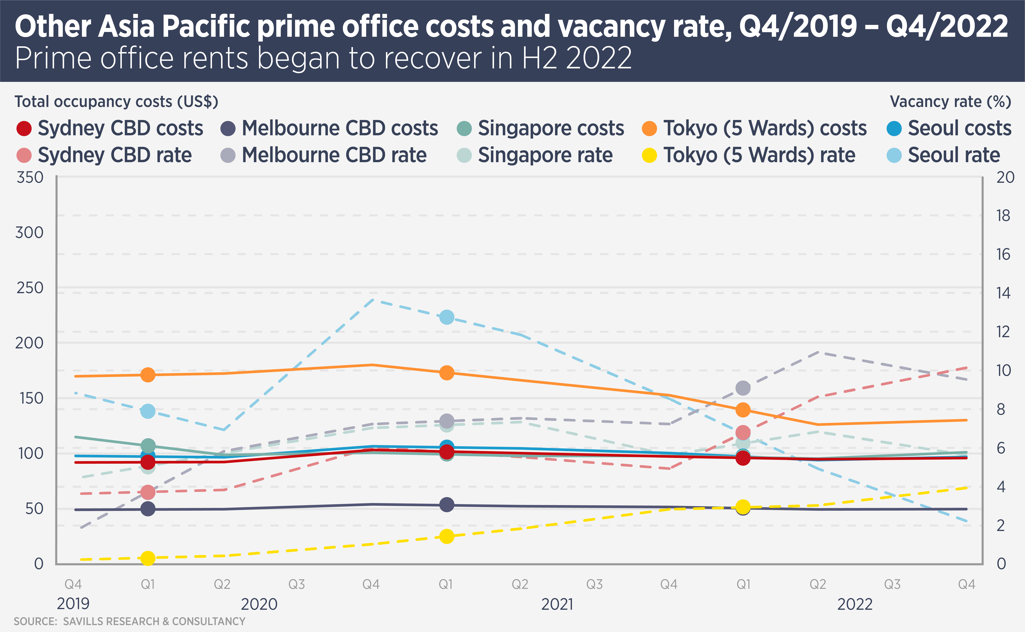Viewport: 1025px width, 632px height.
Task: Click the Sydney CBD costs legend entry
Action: point(109,128)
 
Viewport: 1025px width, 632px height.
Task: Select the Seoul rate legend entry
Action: point(944,155)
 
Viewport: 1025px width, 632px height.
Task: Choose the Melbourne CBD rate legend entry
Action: point(324,155)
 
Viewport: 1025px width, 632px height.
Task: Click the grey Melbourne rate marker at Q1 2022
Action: point(742,388)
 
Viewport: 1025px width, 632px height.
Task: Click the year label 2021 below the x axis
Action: point(557,604)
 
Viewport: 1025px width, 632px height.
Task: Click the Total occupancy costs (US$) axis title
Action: point(116,102)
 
